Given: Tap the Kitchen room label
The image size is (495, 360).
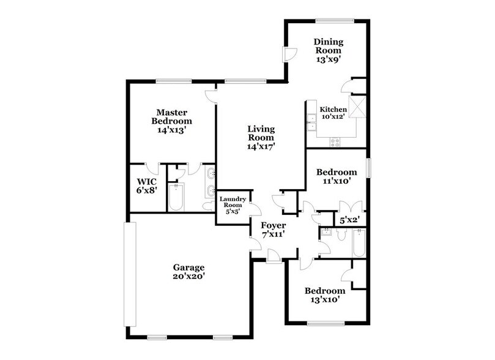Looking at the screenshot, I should tap(333, 113).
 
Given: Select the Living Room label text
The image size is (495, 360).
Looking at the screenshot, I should tap(261, 138).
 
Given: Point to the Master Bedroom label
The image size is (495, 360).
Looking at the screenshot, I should tap(171, 121).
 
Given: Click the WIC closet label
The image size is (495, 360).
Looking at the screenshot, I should tap(147, 186).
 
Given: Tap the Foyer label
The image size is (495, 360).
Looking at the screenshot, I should tap(273, 230).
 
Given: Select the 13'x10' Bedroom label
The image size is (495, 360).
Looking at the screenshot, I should tap(325, 295).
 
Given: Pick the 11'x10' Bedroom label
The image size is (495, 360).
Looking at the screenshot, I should tap(336, 177).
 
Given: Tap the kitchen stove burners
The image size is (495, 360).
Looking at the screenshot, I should tap(335, 141).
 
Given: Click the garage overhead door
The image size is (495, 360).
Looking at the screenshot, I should tap(130, 274).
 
